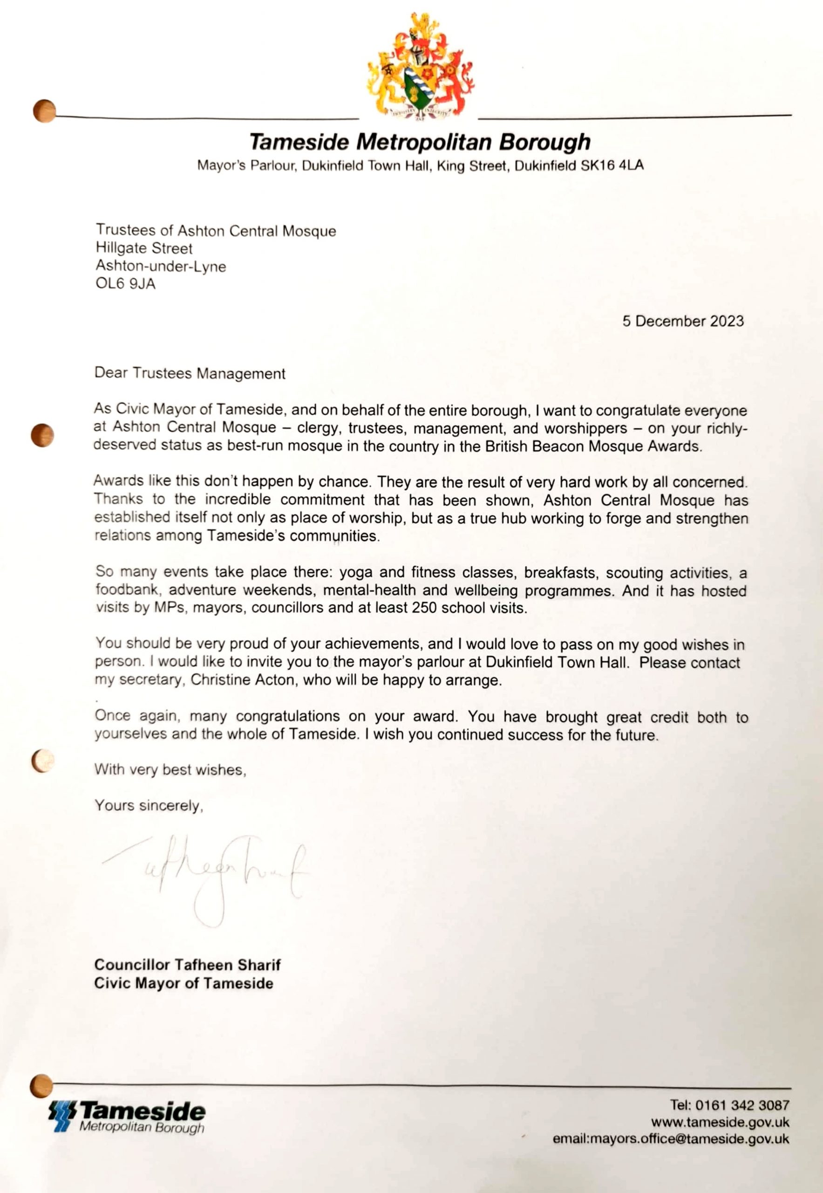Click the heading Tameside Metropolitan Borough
click(420, 142)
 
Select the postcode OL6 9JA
click(125, 284)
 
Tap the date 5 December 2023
click(683, 321)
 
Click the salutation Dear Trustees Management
click(190, 373)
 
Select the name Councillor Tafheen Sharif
click(188, 964)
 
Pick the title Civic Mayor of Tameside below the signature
click(184, 983)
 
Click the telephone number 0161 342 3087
click(742, 1105)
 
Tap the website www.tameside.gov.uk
click(720, 1122)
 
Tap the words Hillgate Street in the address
click(144, 248)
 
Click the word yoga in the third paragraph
click(355, 573)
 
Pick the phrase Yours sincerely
click(149, 805)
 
